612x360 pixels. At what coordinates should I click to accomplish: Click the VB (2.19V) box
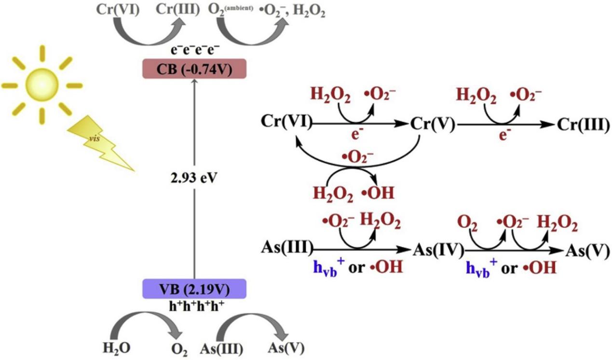point(195,289)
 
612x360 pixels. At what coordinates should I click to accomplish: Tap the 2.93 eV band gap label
point(194,177)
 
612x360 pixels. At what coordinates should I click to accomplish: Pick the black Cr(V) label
point(431,124)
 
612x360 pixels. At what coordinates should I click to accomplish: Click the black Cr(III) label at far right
point(583,124)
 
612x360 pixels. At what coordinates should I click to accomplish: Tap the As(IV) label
point(438,249)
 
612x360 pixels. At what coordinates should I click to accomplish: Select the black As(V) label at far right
point(587,249)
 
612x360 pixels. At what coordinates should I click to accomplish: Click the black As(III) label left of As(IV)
point(286,249)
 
